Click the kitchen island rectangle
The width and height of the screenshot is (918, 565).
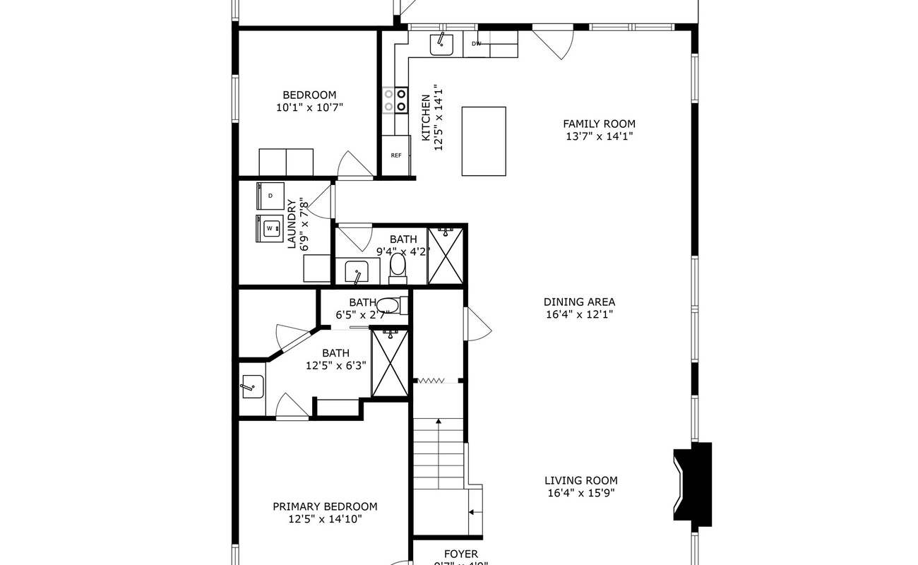coord(484,141)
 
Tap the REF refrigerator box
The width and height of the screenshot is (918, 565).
coord(396,155)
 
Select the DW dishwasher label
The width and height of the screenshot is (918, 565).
coord(477,44)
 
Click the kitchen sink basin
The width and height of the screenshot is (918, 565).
coord(442,44)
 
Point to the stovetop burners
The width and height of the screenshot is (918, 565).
coord(395,100)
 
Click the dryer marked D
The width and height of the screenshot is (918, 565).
coord(270,195)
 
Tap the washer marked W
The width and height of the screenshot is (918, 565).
coord(269,229)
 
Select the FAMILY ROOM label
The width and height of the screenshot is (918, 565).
coord(599,124)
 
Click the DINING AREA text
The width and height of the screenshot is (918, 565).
coord(579,302)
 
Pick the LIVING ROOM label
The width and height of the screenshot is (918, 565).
coord(581,481)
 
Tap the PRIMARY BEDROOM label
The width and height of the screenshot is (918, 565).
coord(325,506)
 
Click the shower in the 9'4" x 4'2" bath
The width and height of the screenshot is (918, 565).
coord(446,256)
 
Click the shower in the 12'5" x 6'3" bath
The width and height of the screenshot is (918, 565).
coord(390,362)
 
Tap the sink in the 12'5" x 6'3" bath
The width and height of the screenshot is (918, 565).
coord(252,386)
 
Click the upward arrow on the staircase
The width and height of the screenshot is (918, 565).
coord(439,422)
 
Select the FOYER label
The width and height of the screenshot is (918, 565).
coord(460,554)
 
